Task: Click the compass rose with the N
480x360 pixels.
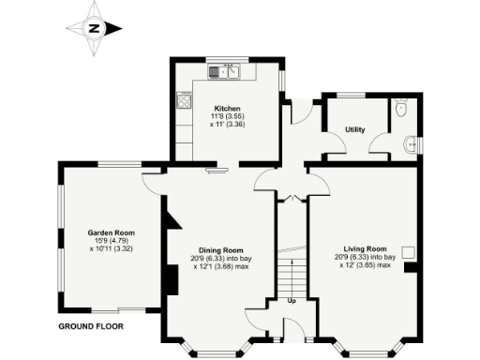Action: (x=95, y=28)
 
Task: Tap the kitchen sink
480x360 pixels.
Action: (x=225, y=70)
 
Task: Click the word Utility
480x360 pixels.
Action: (x=354, y=129)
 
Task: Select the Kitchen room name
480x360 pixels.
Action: (x=228, y=108)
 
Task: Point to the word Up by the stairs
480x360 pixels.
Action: (x=292, y=301)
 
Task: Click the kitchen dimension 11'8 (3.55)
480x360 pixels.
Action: (x=228, y=116)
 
